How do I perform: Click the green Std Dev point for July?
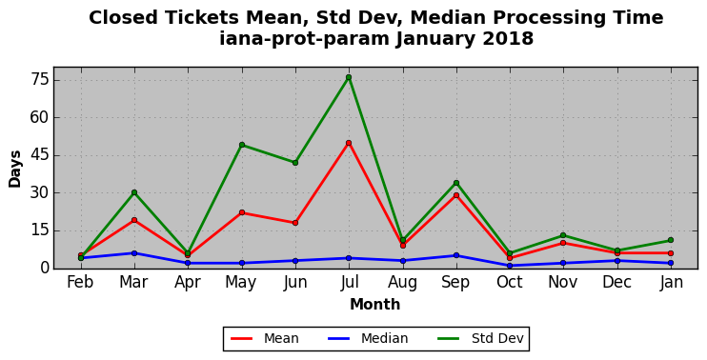(349, 77)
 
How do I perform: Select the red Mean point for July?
(349, 143)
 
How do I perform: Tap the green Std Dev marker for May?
(242, 145)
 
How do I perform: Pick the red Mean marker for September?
(456, 195)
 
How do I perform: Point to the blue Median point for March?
(134, 253)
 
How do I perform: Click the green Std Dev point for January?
(671, 240)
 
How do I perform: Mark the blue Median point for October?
(510, 266)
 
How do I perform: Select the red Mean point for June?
(295, 223)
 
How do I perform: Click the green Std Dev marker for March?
(134, 192)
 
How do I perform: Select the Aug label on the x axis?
(403, 283)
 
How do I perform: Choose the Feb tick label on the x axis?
(80, 282)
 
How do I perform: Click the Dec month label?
(616, 282)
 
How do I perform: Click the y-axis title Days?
(15, 169)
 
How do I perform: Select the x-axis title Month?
(375, 304)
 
